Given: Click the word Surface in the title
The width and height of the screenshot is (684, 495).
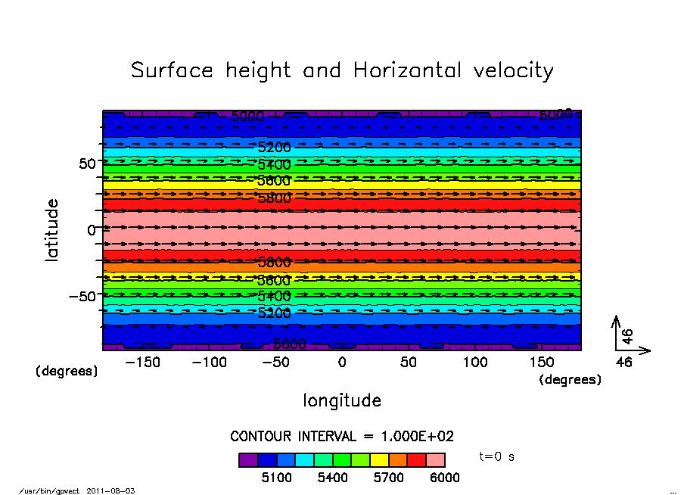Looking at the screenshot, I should click(x=173, y=71).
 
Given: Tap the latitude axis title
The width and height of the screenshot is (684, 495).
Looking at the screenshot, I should click(x=52, y=230).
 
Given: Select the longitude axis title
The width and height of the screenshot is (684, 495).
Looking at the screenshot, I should click(x=342, y=400).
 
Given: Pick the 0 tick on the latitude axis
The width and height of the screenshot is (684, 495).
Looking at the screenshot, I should click(x=91, y=229).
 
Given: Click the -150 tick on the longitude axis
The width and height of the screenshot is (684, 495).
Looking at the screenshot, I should click(x=142, y=363).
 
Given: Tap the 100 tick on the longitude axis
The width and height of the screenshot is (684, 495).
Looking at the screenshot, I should click(x=475, y=363).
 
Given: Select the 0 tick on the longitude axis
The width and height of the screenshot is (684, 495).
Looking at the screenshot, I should click(x=342, y=363).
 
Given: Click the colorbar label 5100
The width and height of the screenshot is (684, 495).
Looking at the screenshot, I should click(x=276, y=478).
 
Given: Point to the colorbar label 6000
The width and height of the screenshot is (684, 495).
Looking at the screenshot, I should click(x=444, y=478).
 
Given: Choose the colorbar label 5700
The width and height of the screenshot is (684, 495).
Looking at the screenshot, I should click(x=388, y=478).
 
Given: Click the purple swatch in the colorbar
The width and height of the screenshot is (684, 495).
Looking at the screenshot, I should click(x=248, y=459).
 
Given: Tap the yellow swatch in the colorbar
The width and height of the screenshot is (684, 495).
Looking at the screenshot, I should click(x=379, y=459).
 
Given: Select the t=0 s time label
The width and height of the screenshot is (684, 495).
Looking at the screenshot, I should click(x=497, y=457).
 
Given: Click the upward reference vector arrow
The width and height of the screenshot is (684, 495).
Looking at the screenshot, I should click(x=617, y=332).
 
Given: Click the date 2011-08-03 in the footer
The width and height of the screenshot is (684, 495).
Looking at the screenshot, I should click(x=117, y=491).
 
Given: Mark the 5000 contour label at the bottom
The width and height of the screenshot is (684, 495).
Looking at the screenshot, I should click(x=289, y=344).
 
